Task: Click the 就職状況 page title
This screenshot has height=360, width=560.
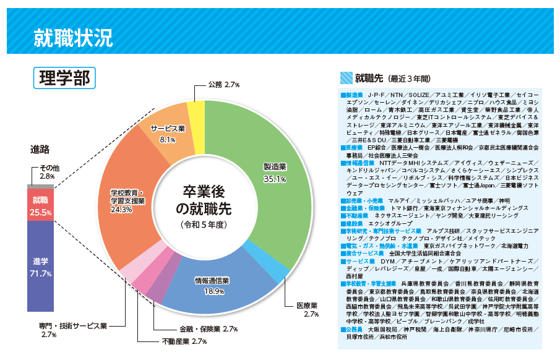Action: click(73, 38)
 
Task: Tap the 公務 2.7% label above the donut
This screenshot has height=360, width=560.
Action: click(224, 84)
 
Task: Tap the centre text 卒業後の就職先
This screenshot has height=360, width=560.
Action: click(204, 199)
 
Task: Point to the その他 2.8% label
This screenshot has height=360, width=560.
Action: click(49, 172)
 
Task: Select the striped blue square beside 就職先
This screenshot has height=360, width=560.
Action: click(346, 78)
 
